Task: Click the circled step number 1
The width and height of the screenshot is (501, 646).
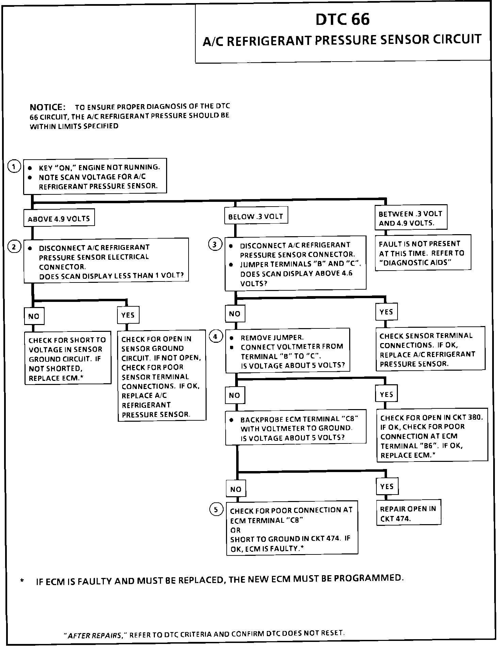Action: coord(14,167)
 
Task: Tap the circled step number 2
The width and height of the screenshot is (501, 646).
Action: coord(14,247)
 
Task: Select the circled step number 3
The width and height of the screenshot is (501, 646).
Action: coord(215,244)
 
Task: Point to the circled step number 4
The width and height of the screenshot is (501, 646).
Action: coord(215,337)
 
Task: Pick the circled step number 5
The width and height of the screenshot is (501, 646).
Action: coord(216,510)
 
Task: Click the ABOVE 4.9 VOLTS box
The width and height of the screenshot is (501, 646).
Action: coord(59,219)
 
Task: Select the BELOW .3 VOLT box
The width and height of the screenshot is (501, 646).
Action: coord(256,216)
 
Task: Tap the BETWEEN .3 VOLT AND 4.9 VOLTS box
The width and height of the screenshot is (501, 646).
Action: coord(410,218)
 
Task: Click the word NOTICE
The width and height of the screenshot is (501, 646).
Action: coord(48,107)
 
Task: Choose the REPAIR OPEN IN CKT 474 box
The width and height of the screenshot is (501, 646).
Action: coord(408,513)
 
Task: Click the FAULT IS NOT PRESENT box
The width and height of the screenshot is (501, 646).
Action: coord(422,253)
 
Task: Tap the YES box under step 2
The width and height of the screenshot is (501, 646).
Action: coord(128,315)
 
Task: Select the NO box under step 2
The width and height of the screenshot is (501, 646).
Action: coord(34,316)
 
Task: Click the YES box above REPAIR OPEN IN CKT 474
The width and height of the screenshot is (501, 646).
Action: coord(387,486)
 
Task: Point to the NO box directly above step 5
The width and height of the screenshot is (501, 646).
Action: coord(236,489)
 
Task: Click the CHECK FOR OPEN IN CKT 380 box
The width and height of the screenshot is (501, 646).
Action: coord(432,436)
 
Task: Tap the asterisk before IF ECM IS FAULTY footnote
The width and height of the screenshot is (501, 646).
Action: coord(22,582)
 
